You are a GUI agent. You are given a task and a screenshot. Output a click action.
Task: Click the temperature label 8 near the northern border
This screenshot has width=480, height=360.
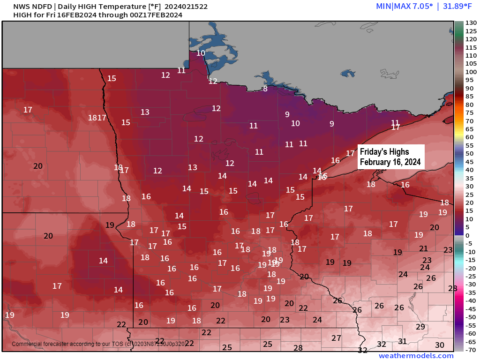tap(265, 89)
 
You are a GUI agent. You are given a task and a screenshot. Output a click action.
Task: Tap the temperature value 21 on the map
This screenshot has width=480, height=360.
tap(423, 248)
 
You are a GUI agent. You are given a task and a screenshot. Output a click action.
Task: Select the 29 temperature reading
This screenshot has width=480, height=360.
tap(420, 327)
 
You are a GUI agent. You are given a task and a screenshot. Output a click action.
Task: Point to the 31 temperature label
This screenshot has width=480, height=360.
tap(402, 341)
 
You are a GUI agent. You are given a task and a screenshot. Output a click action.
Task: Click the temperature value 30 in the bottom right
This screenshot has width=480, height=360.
tap(440, 345)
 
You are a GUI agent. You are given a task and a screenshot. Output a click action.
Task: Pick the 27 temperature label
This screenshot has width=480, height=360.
tap(336, 338)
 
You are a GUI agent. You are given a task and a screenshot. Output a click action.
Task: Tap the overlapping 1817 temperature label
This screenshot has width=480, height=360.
tap(97, 118)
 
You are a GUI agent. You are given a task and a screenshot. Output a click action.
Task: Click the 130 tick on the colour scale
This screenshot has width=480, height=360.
tap(470, 23)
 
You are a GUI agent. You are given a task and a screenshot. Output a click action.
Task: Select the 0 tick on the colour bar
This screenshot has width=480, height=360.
tap(467, 235)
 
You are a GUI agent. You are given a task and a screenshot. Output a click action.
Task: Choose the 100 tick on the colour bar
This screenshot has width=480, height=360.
tap(470, 72)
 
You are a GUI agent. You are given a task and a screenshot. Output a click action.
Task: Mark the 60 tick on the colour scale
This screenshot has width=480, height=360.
tap(469, 137)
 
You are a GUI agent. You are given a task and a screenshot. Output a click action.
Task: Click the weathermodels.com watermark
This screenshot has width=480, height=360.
tap(416, 356)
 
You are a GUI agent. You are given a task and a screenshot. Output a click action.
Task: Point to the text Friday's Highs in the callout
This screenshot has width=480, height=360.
tap(384, 152)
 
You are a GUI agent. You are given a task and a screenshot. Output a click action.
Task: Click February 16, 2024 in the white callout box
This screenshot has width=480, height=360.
tap(390, 162)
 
